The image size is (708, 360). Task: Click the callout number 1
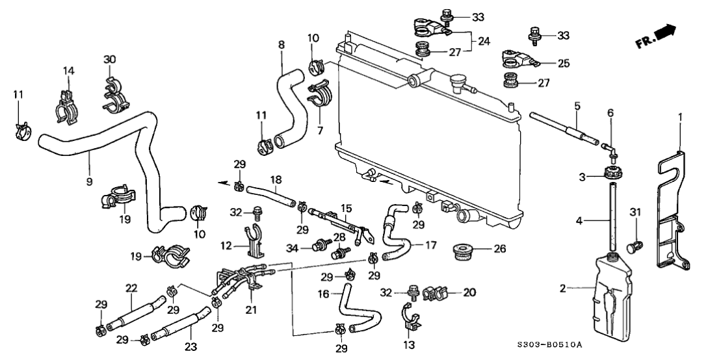tap(680, 118)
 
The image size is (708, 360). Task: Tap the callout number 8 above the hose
tap(282, 45)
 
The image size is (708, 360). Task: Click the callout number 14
tap(69, 70)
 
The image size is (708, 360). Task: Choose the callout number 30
tap(110, 60)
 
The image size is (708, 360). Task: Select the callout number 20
tap(468, 292)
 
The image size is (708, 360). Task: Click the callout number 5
tap(577, 105)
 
